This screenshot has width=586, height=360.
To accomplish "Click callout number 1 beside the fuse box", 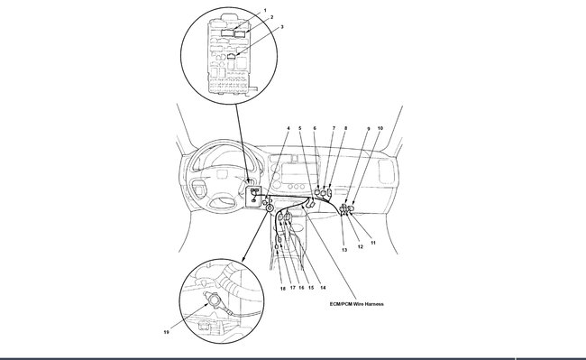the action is coord(265,10).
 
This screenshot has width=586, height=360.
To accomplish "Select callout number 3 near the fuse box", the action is coord(282,27).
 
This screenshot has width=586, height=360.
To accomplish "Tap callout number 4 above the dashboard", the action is coord(288,128).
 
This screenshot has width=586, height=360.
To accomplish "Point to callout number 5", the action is coord(299,128).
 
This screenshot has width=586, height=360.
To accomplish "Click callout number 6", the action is coord(315,128).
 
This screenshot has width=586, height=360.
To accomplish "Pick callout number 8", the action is coord(345,128).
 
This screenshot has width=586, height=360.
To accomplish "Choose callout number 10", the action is coord(380,128).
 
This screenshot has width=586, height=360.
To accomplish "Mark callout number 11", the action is coord(373,243).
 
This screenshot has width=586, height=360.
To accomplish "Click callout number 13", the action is coord(344,250).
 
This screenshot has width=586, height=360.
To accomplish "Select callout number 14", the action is coord(323,288).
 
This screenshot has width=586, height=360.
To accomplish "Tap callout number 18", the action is coord(283,289).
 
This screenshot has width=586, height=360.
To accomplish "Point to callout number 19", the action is coord(166,332).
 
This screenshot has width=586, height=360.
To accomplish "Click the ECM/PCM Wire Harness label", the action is coord(356,304).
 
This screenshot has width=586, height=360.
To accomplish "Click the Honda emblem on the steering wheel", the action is coord(223,174).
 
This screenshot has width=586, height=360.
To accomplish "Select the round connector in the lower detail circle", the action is coord(215,300).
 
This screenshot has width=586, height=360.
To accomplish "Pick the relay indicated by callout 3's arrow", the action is coord(232,57).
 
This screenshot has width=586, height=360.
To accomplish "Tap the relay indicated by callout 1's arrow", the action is coord(227,32).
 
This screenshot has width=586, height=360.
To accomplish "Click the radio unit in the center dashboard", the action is coord(294,173).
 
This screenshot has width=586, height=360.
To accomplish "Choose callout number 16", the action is coord(301,288).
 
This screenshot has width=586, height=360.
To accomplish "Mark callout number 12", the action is coord(361,246).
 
